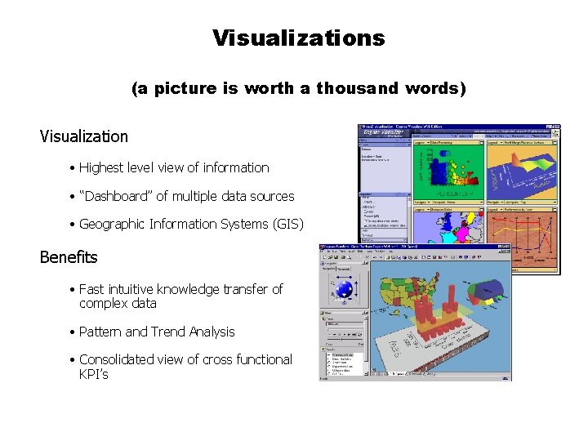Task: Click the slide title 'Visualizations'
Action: pos(298,38)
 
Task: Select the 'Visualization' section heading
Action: pos(84,136)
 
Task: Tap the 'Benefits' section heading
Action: pos(69,257)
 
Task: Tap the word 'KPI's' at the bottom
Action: pos(93,374)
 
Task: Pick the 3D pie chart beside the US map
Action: pos(488,288)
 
